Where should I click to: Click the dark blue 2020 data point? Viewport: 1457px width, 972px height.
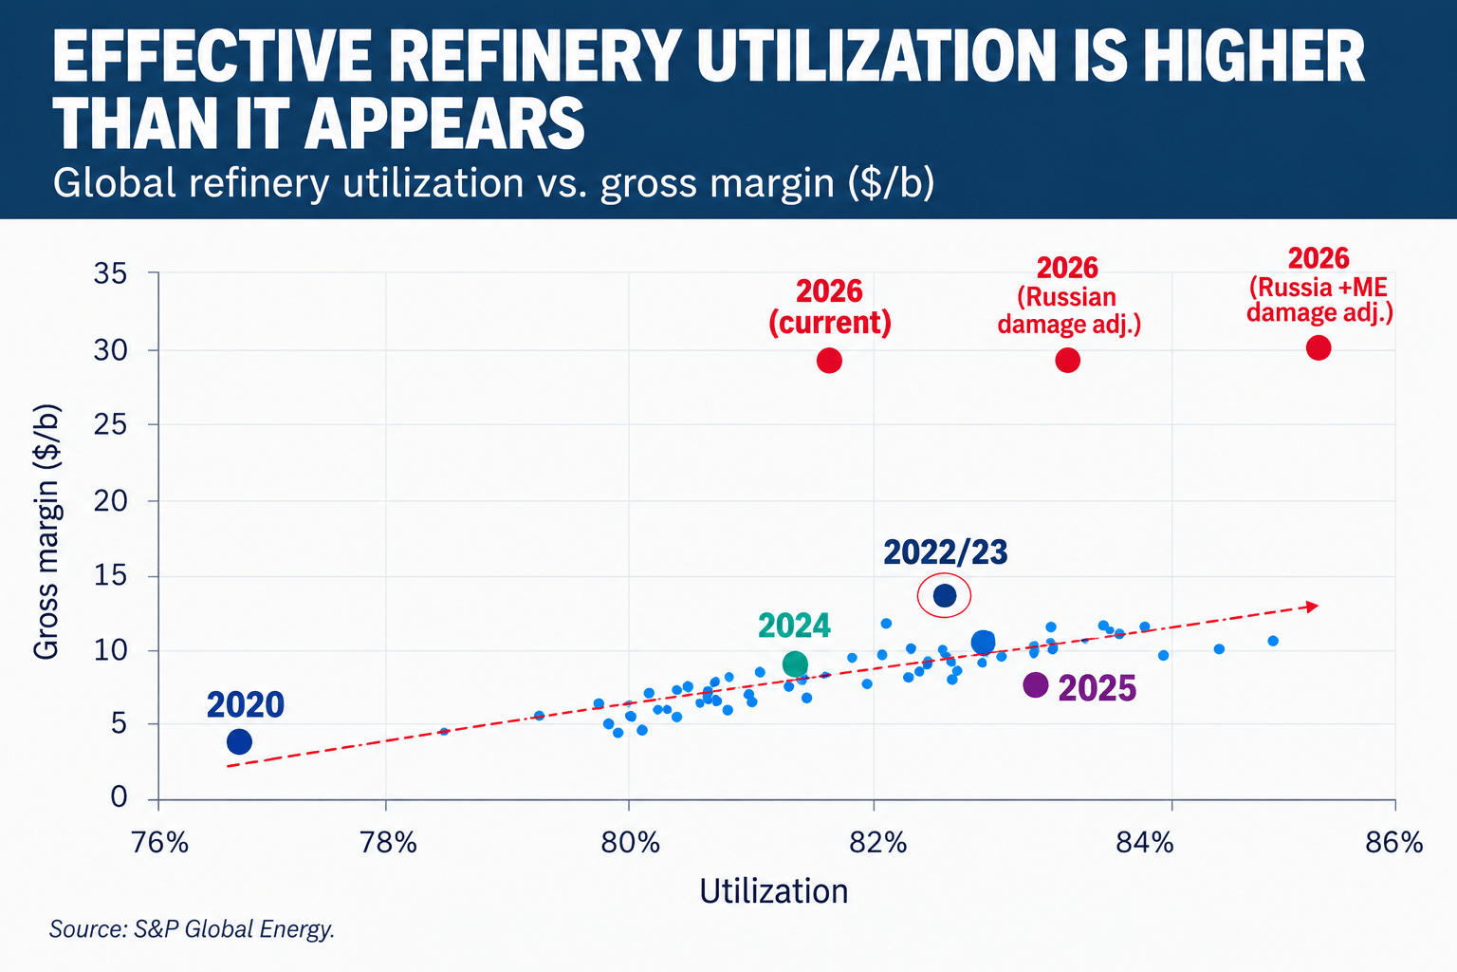(x=239, y=741)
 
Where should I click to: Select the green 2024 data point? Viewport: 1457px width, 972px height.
(x=795, y=664)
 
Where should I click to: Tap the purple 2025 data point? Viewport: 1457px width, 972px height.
(x=1036, y=685)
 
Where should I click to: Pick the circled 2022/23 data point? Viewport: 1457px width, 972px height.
(x=945, y=595)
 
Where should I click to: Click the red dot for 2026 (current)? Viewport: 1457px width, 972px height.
(x=829, y=360)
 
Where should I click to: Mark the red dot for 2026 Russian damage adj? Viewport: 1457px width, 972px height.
(x=1068, y=360)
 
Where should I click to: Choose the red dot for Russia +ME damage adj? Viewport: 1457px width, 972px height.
(x=1319, y=347)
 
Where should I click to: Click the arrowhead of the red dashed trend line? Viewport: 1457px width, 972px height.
(x=1313, y=607)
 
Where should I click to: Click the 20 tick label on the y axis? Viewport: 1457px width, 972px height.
(x=111, y=501)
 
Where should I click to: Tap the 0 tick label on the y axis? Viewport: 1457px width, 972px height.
(x=119, y=797)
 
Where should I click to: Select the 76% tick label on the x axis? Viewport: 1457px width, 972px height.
(x=159, y=843)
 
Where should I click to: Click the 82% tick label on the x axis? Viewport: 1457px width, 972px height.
(x=878, y=843)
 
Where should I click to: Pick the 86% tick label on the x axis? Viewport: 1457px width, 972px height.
(x=1394, y=843)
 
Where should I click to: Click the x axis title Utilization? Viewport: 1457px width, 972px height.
(x=773, y=891)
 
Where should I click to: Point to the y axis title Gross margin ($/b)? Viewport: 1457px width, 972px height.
(x=46, y=532)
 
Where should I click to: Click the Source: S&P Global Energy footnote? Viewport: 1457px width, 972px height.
(x=192, y=928)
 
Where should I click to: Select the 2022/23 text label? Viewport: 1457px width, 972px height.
(x=945, y=552)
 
